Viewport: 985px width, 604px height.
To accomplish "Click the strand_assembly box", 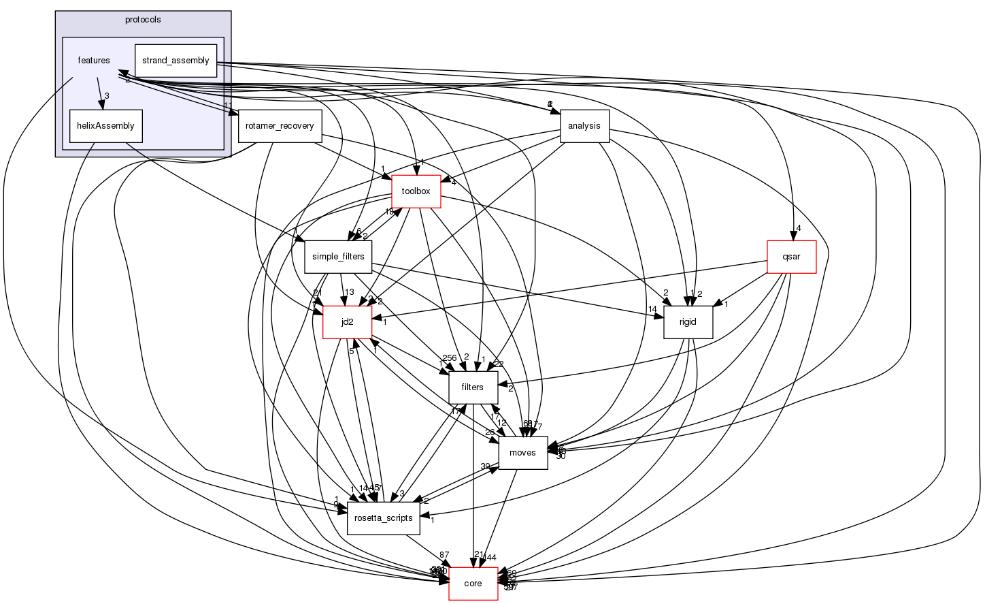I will (176, 61).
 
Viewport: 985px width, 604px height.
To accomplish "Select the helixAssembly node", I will (105, 126).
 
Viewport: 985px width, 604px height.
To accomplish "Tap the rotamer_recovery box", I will (280, 126).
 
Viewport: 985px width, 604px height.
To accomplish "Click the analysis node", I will (584, 126).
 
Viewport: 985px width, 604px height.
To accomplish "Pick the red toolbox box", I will (416, 191).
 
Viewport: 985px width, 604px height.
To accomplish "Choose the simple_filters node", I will (338, 257).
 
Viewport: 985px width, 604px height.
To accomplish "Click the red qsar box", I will (791, 257).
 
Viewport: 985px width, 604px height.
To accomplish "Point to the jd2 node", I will (347, 322).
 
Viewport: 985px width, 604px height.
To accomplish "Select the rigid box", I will (688, 322).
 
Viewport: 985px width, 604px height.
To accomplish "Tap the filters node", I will (472, 387).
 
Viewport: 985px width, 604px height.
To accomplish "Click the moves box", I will (522, 453).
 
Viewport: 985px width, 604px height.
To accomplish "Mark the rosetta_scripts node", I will (384, 518).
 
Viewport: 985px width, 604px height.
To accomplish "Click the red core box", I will (473, 584).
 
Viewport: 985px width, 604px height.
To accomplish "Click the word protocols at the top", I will (143, 20).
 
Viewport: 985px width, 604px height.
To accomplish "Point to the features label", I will (94, 61).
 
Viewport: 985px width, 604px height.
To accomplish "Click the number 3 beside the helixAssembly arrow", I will (107, 95).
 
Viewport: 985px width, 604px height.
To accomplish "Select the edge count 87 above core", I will (444, 556).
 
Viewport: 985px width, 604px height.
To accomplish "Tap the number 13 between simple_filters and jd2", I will (350, 292).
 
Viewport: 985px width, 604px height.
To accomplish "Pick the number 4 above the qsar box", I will (799, 228).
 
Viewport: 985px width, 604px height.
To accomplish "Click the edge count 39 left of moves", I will (486, 466).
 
